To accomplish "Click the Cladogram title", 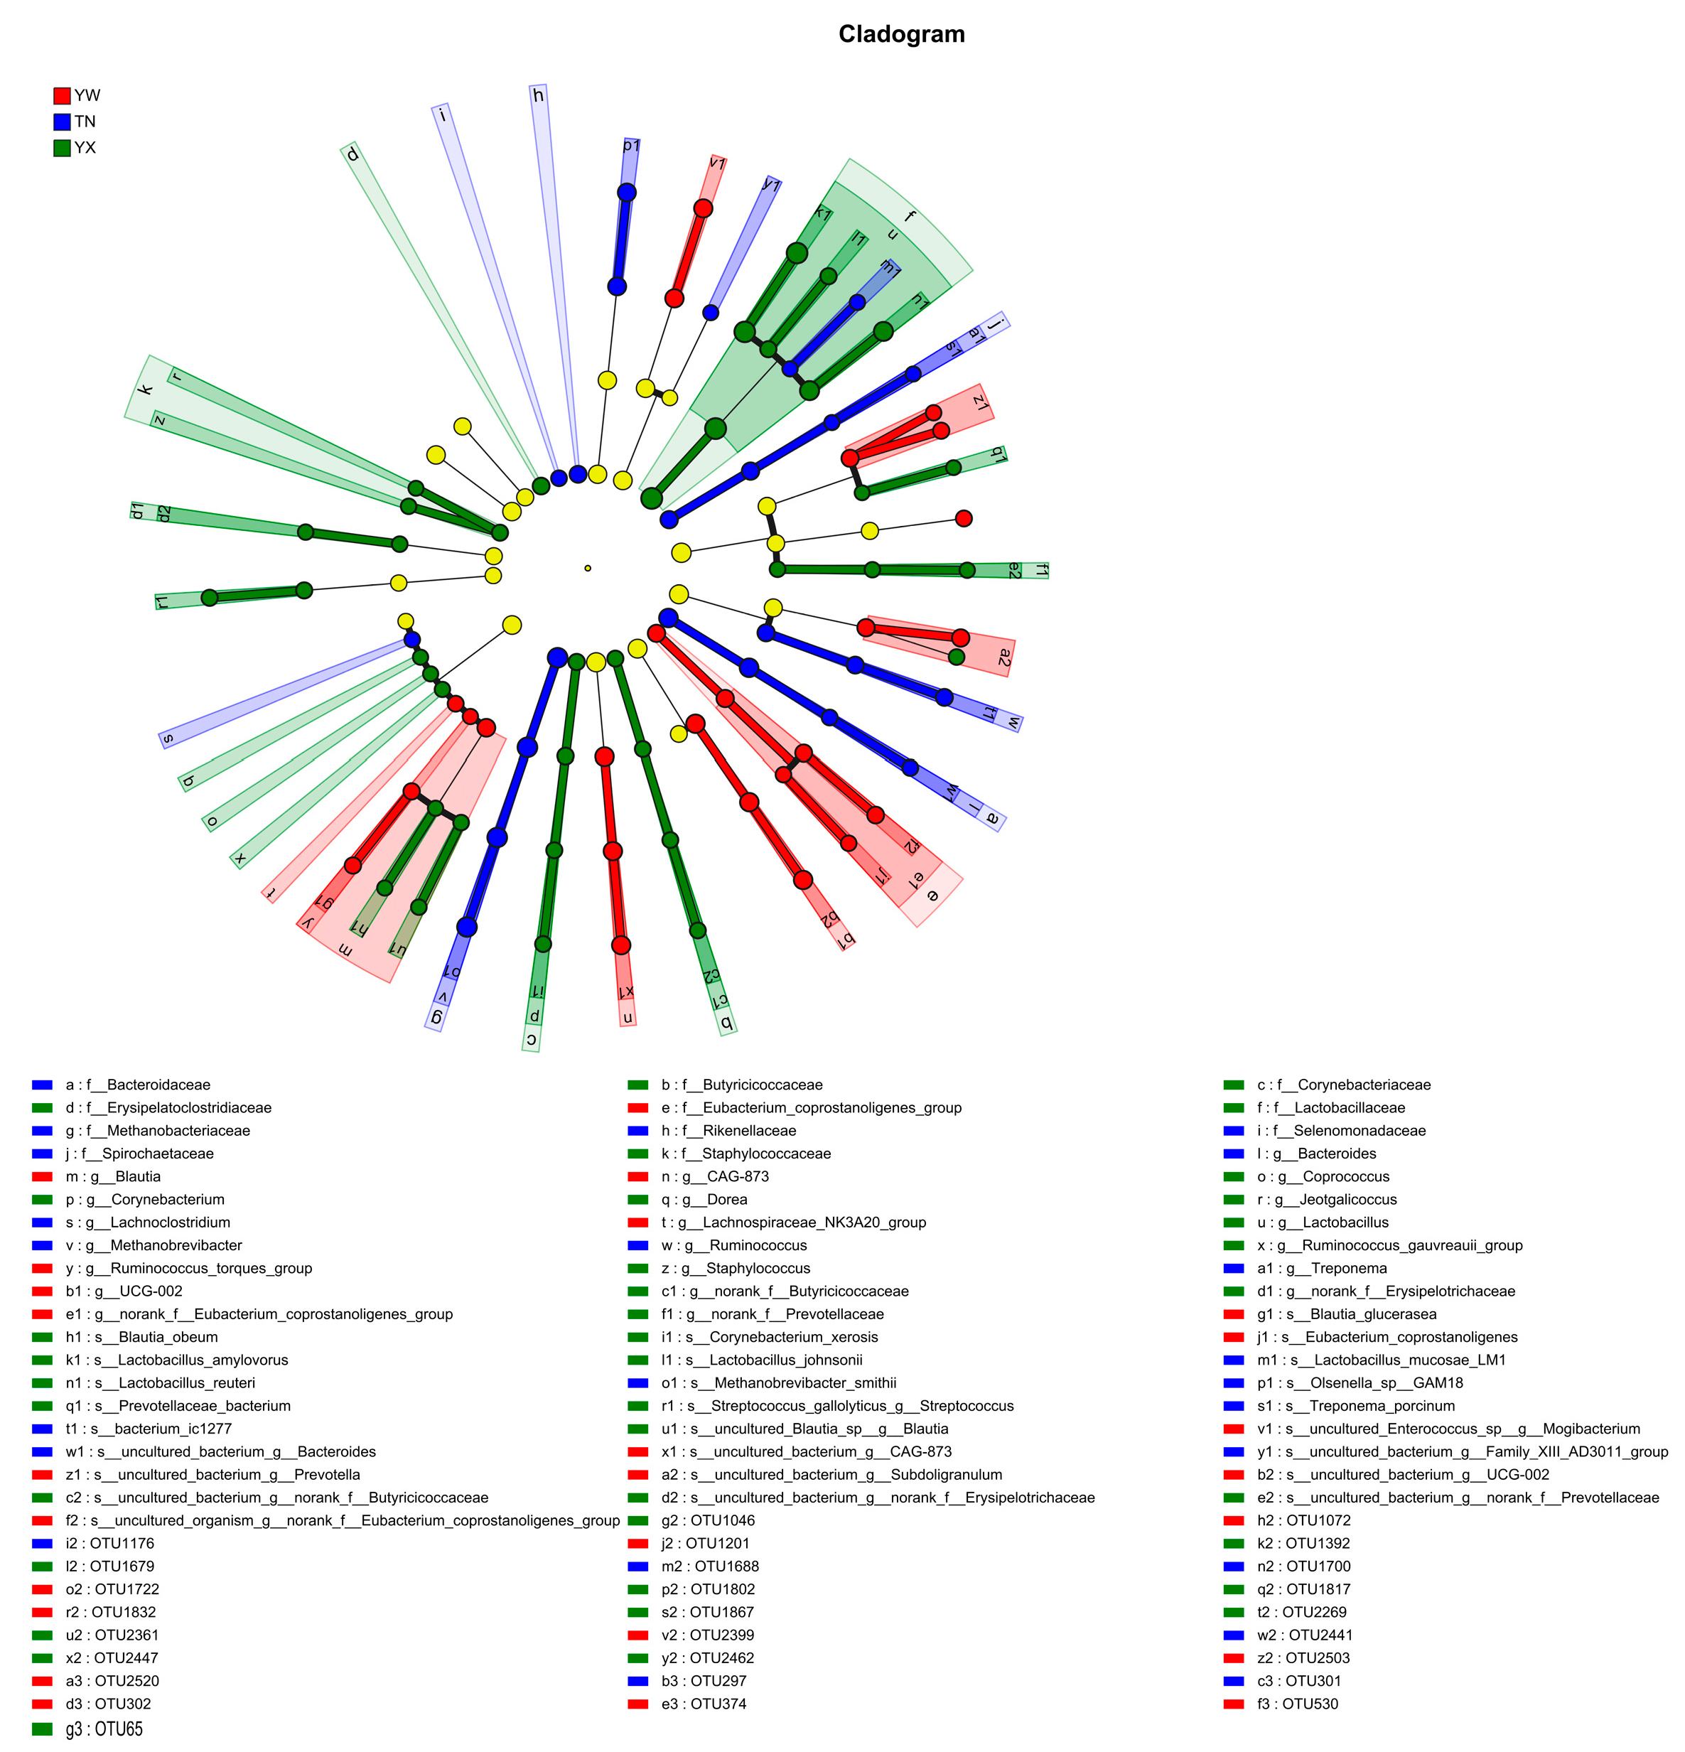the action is click(x=901, y=35).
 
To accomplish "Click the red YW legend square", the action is click(x=62, y=96).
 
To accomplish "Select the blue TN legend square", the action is click(x=62, y=122).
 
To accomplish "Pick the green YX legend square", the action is click(x=62, y=148).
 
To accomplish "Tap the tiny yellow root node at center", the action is click(x=587, y=568).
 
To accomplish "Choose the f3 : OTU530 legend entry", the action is click(x=1297, y=1704).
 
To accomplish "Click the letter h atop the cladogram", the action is click(x=538, y=95).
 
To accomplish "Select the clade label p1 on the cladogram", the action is click(x=631, y=145).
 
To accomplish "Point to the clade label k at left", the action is click(x=146, y=389).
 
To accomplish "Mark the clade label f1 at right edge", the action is click(x=1040, y=569).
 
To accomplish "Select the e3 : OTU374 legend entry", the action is click(x=704, y=1704).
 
